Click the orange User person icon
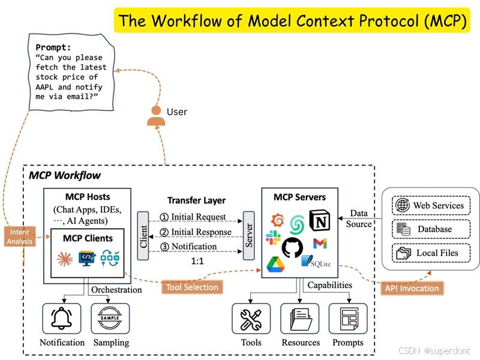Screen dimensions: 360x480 pos(157,116)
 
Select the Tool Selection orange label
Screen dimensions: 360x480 pos(192,287)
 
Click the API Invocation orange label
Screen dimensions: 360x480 pos(412,288)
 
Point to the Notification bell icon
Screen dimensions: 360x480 pos(62,319)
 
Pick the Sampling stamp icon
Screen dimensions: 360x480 pos(110,319)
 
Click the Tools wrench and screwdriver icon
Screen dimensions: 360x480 pos(251,319)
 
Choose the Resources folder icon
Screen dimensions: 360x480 pos(300,319)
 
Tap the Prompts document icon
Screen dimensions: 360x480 pos(348,319)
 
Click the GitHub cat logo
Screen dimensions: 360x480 pos(292,247)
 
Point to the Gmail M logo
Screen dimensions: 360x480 pos(320,244)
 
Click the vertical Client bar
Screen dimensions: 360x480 pos(143,236)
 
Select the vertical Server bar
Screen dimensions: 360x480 pos(247,236)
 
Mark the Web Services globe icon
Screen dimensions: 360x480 pos(402,206)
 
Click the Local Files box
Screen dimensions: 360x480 pos(430,253)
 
